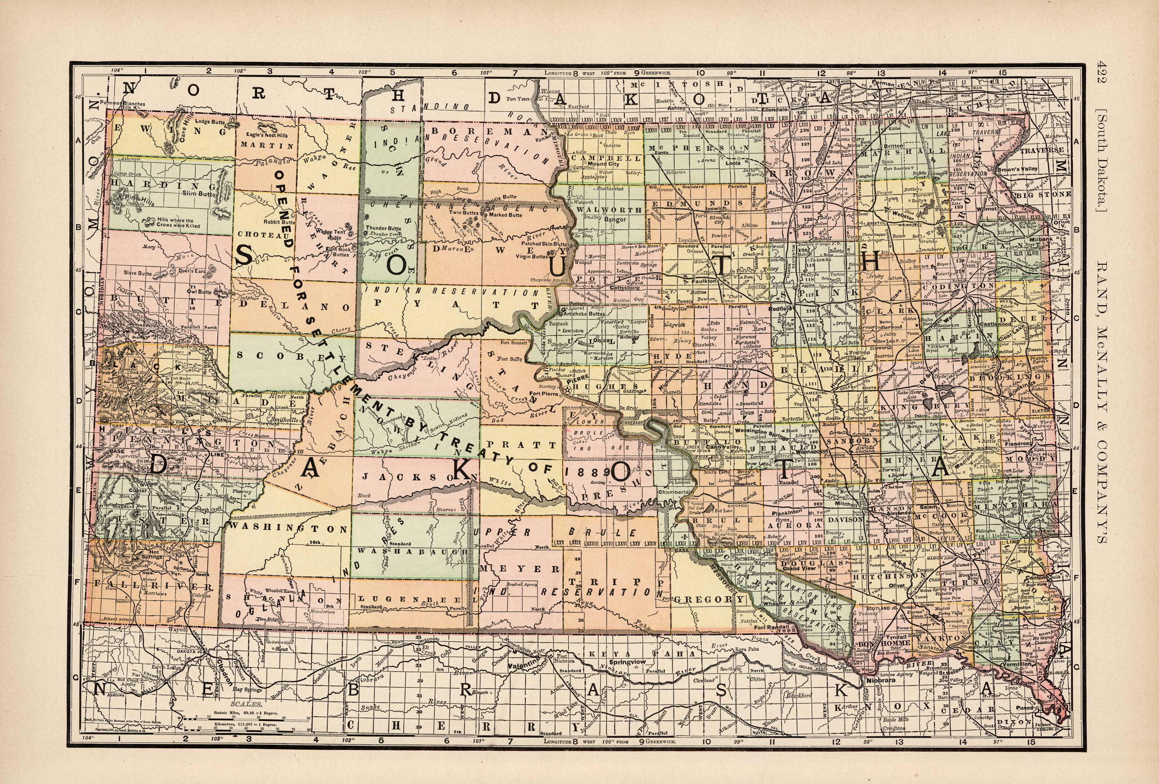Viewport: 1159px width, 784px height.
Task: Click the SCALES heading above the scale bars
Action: (x=241, y=705)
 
